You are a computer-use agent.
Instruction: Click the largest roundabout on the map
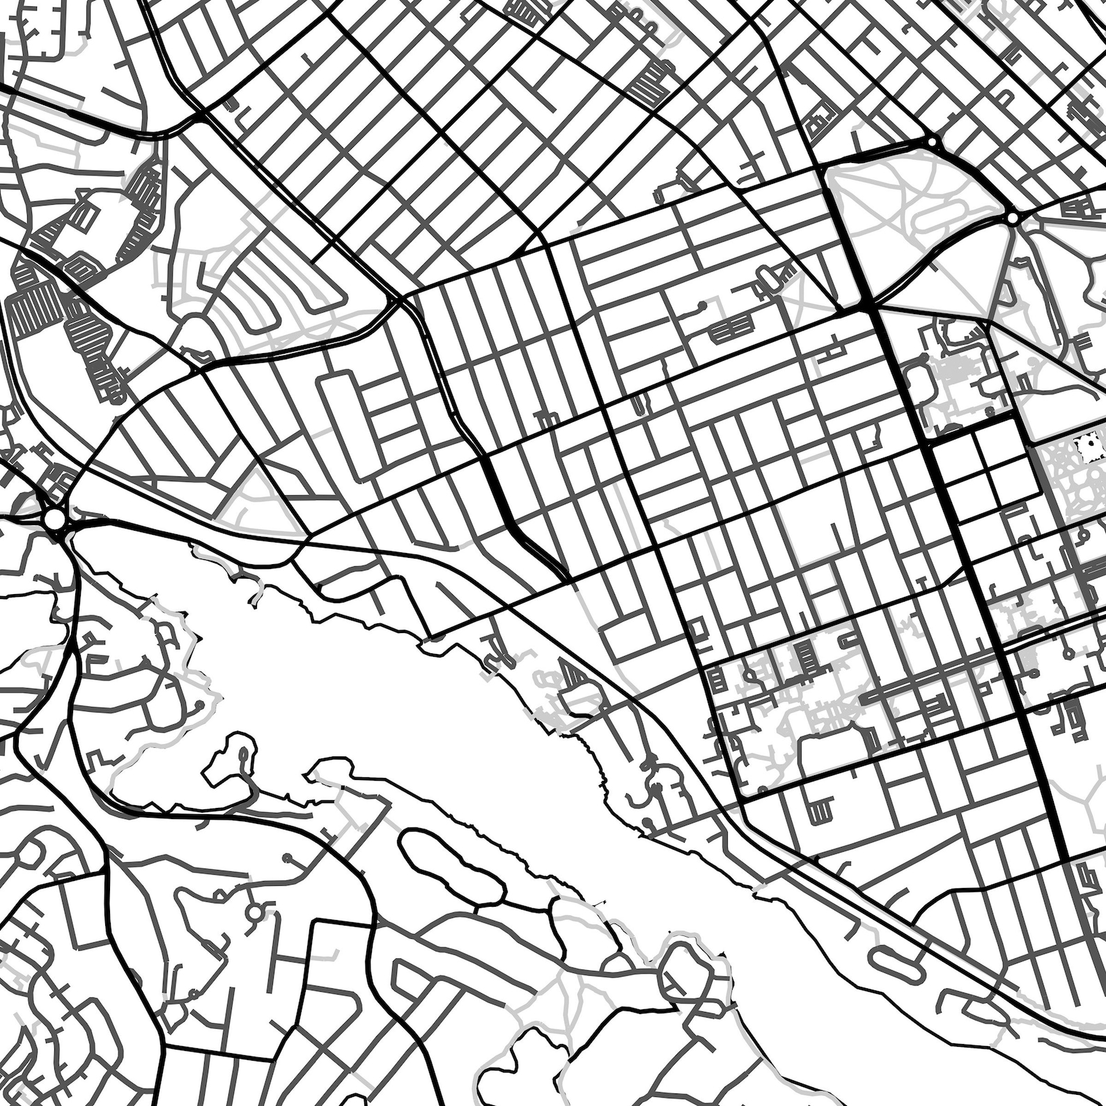(x=53, y=520)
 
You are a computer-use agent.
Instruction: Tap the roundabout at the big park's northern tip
(x=931, y=142)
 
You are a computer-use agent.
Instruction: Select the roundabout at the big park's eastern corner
(x=1011, y=219)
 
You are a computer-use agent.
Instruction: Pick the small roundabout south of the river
(x=256, y=912)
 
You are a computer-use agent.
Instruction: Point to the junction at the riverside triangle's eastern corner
(x=306, y=536)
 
